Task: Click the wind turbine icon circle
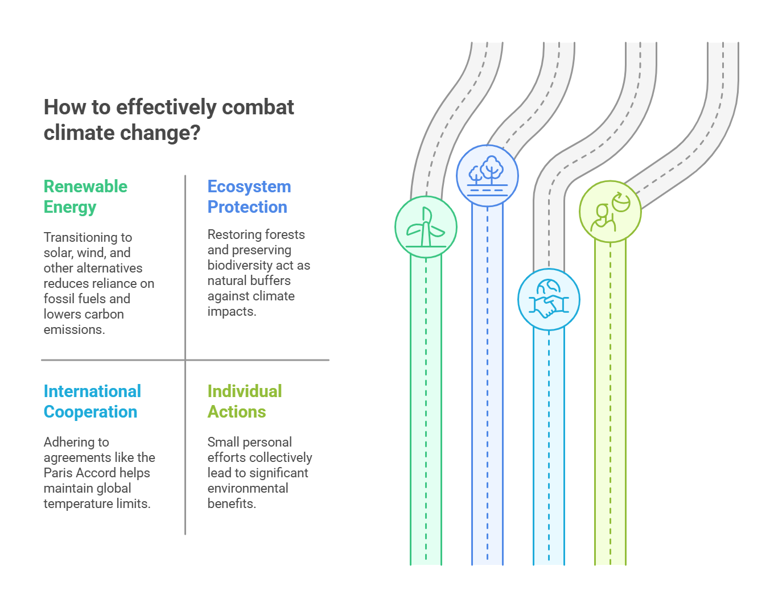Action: point(426,227)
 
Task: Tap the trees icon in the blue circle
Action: point(487,176)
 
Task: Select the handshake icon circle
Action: point(549,299)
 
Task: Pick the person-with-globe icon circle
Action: point(611,212)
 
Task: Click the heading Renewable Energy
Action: point(85,197)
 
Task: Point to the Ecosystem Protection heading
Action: point(249,197)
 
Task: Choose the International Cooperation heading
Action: point(92,401)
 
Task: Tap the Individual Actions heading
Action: point(245,401)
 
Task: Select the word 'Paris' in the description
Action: point(57,473)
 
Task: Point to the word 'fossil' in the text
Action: point(57,299)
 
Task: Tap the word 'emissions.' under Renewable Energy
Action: point(75,329)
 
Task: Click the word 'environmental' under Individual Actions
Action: point(248,488)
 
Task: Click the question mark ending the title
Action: point(195,133)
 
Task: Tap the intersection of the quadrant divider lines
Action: point(186,360)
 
